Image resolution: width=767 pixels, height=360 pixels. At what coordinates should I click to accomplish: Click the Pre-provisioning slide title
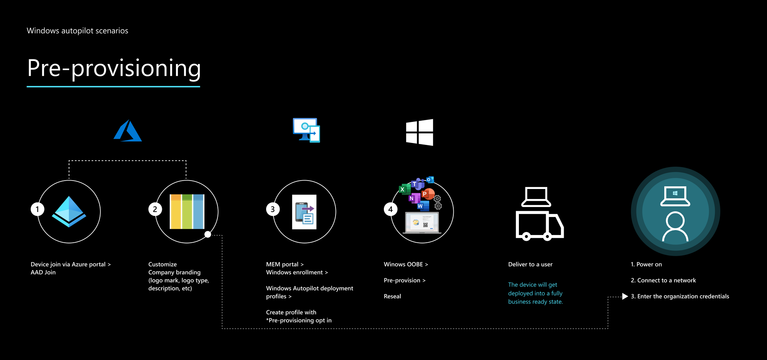(114, 69)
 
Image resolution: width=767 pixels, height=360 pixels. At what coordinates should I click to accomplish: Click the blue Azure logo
(128, 131)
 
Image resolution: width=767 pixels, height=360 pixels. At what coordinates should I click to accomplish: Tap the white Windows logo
(420, 132)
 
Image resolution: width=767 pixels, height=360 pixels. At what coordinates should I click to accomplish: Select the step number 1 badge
(37, 209)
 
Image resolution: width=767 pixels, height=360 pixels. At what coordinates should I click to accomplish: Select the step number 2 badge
(155, 209)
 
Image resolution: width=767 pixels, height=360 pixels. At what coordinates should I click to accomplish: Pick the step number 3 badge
(273, 209)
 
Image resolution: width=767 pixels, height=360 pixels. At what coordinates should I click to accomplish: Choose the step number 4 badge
(390, 209)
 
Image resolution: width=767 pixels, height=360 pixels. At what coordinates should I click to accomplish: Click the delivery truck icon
(539, 225)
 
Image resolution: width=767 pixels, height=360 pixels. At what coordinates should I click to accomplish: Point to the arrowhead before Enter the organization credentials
(625, 296)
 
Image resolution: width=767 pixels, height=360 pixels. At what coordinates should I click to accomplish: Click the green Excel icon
(403, 189)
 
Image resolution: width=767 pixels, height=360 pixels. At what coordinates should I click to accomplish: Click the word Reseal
(392, 296)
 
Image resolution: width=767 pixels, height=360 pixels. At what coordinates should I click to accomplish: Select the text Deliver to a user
(530, 265)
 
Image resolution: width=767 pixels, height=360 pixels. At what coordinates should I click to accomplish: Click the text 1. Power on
(646, 265)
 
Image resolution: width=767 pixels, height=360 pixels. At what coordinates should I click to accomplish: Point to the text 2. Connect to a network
(663, 281)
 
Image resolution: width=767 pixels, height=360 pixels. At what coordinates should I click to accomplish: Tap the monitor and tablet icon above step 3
(306, 130)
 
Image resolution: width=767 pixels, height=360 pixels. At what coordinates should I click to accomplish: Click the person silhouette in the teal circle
(675, 227)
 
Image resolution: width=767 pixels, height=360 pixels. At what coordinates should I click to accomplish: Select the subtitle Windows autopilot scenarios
(77, 31)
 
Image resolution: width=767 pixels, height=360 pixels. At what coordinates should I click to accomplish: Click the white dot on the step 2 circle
(207, 234)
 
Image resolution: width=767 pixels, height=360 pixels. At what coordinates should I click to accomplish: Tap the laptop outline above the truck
(536, 197)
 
